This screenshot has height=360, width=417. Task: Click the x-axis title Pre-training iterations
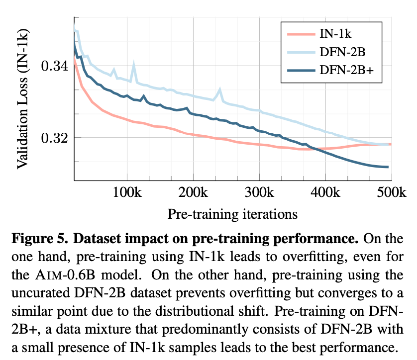pos(232,214)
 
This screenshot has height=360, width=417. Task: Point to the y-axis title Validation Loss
pos(23,99)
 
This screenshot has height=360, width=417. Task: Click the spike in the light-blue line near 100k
pos(133,64)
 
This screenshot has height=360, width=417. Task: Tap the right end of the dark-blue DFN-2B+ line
pos(387,167)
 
